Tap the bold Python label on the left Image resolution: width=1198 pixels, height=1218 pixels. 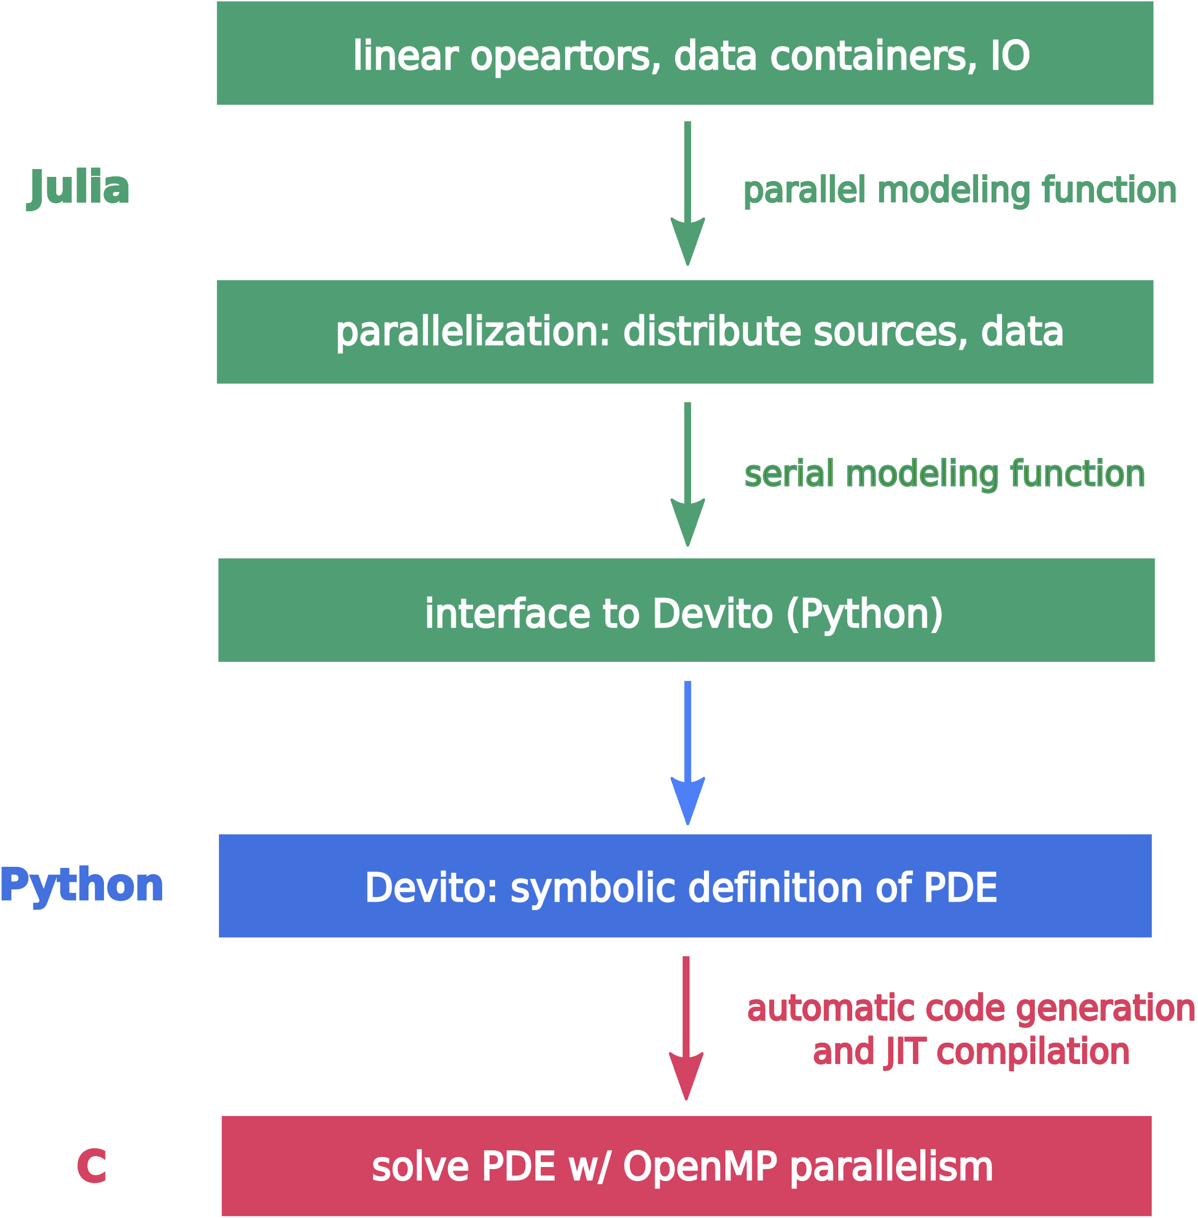[82, 885]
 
